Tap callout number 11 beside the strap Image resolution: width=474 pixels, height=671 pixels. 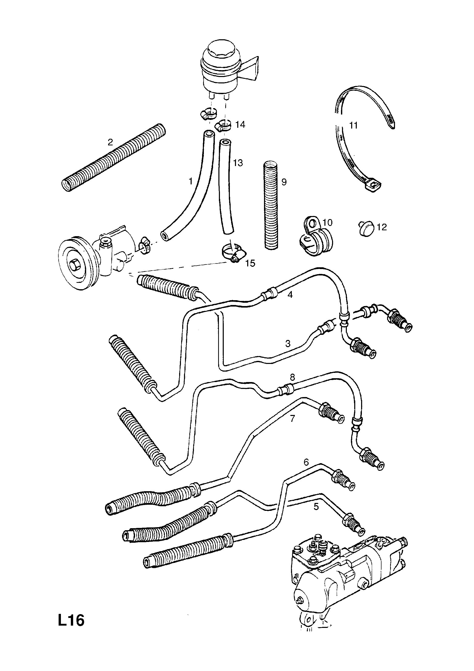coord(353,125)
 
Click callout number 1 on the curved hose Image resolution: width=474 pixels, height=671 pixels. coord(191,181)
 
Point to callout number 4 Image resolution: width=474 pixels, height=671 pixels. coord(290,295)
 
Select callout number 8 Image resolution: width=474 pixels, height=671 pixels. coord(293,377)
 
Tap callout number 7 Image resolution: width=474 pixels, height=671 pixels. coord(292,418)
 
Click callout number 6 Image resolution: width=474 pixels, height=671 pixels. coord(306,462)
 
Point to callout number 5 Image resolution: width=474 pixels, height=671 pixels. coord(316,507)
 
